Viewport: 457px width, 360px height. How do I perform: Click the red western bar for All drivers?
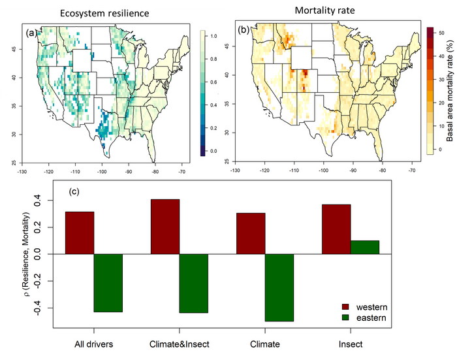click(80, 233)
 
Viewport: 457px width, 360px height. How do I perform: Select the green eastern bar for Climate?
click(279, 287)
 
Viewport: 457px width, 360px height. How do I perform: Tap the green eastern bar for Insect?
click(364, 248)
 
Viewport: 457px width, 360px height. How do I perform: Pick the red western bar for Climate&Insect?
click(165, 227)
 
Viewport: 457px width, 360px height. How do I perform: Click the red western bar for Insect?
click(336, 229)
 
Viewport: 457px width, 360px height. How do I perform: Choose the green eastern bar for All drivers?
click(108, 283)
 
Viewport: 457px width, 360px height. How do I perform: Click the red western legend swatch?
click(345, 307)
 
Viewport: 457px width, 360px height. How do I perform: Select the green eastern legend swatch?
click(345, 318)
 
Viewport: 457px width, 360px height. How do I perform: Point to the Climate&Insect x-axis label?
click(180, 344)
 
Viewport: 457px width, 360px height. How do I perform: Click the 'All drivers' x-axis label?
click(94, 344)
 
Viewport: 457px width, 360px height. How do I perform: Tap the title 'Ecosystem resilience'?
click(104, 13)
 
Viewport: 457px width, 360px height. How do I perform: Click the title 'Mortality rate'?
click(324, 10)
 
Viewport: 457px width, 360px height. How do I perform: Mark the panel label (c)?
click(74, 191)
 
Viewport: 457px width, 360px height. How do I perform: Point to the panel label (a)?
click(31, 33)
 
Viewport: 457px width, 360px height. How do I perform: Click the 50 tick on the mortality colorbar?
click(441, 33)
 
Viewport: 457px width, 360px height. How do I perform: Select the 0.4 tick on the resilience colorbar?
click(213, 105)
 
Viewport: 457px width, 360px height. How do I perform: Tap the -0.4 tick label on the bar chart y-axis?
click(38, 308)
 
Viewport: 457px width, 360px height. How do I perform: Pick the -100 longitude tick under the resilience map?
click(102, 172)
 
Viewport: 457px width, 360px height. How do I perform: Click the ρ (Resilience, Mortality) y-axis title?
click(28, 254)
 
